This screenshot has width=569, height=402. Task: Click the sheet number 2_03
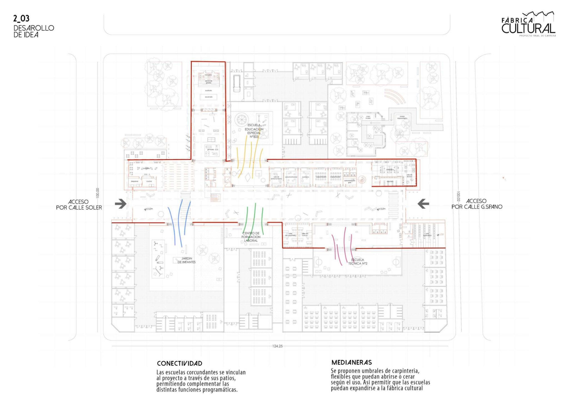click(21, 18)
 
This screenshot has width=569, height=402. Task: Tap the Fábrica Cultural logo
click(528, 25)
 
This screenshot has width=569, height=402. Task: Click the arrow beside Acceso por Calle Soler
click(121, 204)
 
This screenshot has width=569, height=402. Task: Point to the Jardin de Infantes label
click(186, 260)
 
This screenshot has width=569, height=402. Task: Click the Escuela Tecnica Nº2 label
click(358, 262)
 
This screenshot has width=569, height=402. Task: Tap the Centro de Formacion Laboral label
click(251, 237)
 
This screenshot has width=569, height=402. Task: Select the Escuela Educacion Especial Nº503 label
click(254, 131)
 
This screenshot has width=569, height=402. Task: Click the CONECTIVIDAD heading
click(179, 363)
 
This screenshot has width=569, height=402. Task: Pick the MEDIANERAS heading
click(351, 362)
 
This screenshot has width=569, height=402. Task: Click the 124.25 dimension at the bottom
click(277, 346)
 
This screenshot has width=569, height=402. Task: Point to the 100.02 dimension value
click(458, 196)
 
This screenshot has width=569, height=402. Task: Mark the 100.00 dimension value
click(97, 193)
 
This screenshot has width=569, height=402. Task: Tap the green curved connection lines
click(254, 219)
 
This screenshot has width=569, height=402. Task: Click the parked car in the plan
click(237, 83)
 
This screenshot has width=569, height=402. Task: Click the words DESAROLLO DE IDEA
click(34, 31)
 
